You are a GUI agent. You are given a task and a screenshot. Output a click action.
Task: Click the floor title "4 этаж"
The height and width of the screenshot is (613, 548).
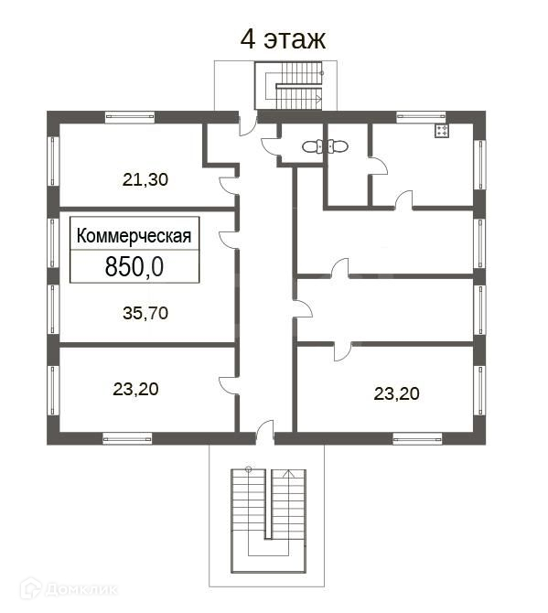click(283, 39)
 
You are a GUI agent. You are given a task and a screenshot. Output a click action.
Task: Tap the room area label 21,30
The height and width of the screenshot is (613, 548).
click(145, 180)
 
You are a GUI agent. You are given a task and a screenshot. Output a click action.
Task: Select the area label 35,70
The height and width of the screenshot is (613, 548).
click(145, 313)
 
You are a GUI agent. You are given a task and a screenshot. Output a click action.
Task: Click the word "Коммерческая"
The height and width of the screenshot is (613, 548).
click(134, 236)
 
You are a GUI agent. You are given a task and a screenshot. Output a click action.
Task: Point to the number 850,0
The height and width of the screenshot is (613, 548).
click(134, 267)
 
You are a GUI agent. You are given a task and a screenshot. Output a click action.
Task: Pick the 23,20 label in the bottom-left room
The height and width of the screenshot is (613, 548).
click(135, 389)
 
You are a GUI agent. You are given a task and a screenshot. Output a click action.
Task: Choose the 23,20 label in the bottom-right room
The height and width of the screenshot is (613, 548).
click(396, 393)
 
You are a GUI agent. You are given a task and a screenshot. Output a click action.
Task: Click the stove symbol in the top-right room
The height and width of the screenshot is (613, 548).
click(442, 131)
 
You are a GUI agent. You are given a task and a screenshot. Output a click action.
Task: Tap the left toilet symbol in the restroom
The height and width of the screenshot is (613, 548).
click(312, 147)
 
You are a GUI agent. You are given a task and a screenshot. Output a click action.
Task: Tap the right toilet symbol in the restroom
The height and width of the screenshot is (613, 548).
click(338, 146)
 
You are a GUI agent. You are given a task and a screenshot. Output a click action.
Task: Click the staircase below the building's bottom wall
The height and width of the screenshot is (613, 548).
click(268, 521)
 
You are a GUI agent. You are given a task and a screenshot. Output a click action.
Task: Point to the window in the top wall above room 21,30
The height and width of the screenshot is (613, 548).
click(130, 116)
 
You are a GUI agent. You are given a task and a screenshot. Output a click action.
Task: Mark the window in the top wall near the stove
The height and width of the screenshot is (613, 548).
click(421, 116)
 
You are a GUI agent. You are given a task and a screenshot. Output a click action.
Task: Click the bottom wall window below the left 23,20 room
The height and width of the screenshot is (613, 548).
click(127, 439)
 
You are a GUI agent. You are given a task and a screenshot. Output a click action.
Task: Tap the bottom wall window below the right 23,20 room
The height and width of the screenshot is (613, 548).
click(417, 439)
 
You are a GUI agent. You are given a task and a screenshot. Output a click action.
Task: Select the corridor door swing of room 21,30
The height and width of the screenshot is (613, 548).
click(229, 186)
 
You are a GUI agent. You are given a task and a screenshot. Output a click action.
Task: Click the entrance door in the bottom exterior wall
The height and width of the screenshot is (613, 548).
click(265, 433)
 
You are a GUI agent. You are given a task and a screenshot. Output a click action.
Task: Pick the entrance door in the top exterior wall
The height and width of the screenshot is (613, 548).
click(248, 124)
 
